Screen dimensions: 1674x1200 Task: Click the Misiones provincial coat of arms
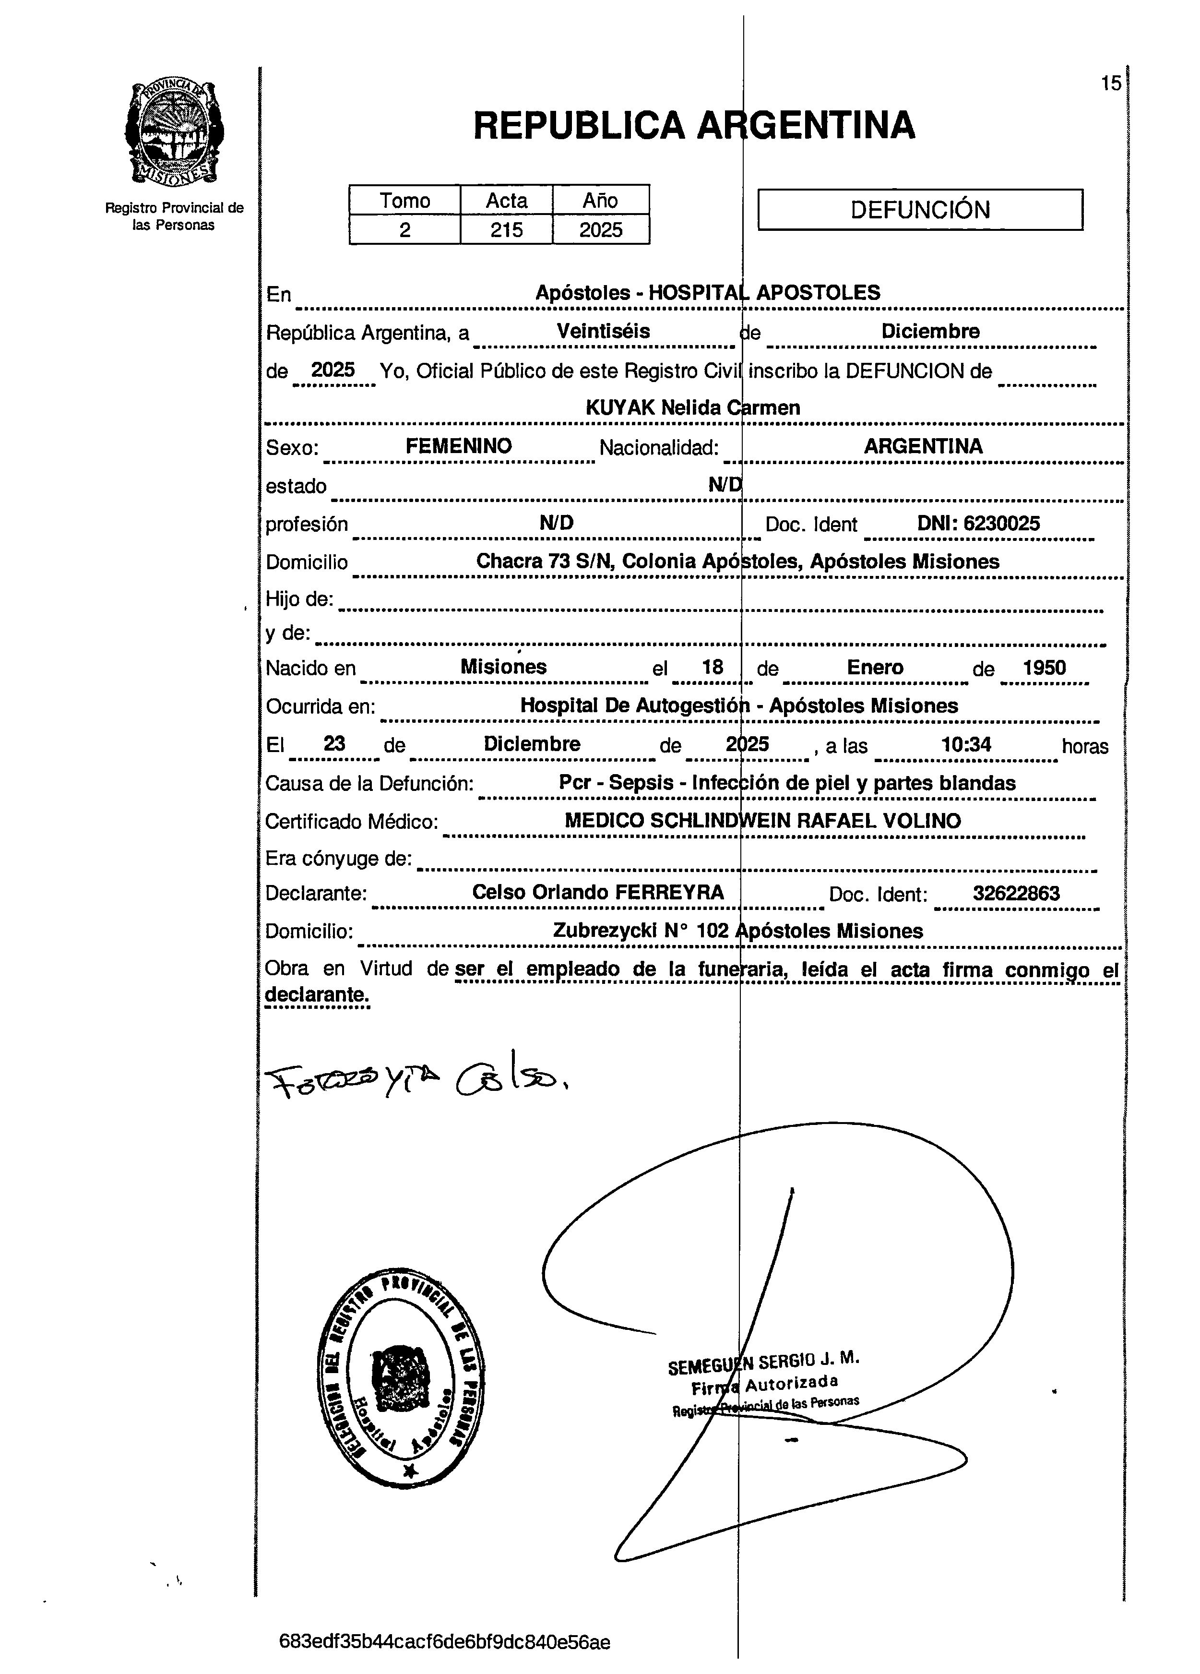click(175, 133)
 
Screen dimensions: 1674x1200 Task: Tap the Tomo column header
click(404, 201)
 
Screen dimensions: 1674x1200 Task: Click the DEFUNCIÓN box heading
click(920, 210)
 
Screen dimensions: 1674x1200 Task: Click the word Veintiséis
click(603, 332)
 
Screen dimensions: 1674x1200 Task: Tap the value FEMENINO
click(458, 446)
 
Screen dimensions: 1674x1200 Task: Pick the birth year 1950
click(1044, 668)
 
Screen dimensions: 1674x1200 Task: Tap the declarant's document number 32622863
click(1015, 893)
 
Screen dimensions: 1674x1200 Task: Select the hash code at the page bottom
click(444, 1643)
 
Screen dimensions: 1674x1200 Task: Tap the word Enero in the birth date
click(875, 668)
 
